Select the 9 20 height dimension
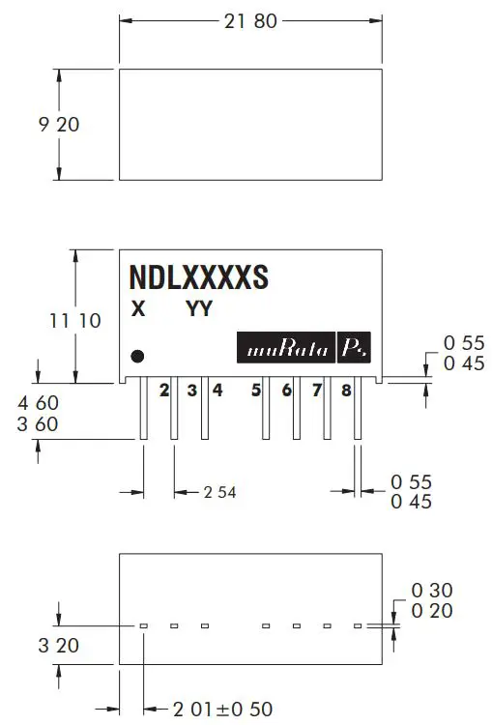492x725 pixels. coord(58,124)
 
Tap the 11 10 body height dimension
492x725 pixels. coord(74,320)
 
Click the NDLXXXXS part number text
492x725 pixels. coord(199,277)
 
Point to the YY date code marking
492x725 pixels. coord(199,309)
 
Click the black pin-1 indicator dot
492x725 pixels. coord(137,355)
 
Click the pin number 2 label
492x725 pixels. coord(164,391)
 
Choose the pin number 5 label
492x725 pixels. coord(256,391)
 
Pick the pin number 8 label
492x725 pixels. coord(346,391)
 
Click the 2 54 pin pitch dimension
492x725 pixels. coord(219,492)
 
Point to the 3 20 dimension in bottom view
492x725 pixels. coord(58,645)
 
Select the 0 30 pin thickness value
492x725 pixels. coord(432,590)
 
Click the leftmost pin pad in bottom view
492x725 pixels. coord(143,626)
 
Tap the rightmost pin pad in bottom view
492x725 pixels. coord(357,626)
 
